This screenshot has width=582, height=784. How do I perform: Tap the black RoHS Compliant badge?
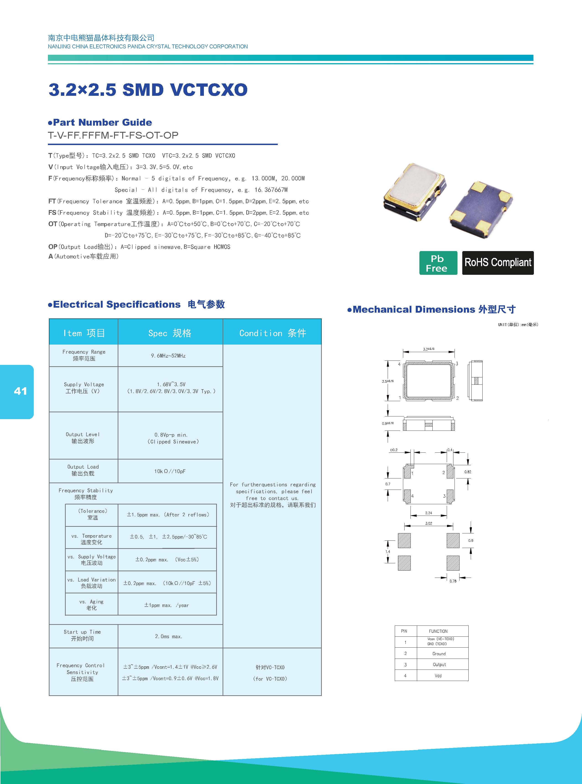click(498, 263)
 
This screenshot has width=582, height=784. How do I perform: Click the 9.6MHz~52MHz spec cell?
click(168, 356)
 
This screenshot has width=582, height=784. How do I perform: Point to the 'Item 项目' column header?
click(84, 333)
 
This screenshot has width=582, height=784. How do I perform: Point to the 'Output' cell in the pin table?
click(439, 664)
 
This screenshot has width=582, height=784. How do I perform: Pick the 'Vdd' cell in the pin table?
click(438, 675)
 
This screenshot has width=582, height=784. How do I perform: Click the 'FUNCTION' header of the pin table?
click(438, 631)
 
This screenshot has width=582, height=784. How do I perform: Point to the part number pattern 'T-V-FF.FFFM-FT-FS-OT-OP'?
click(113, 135)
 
